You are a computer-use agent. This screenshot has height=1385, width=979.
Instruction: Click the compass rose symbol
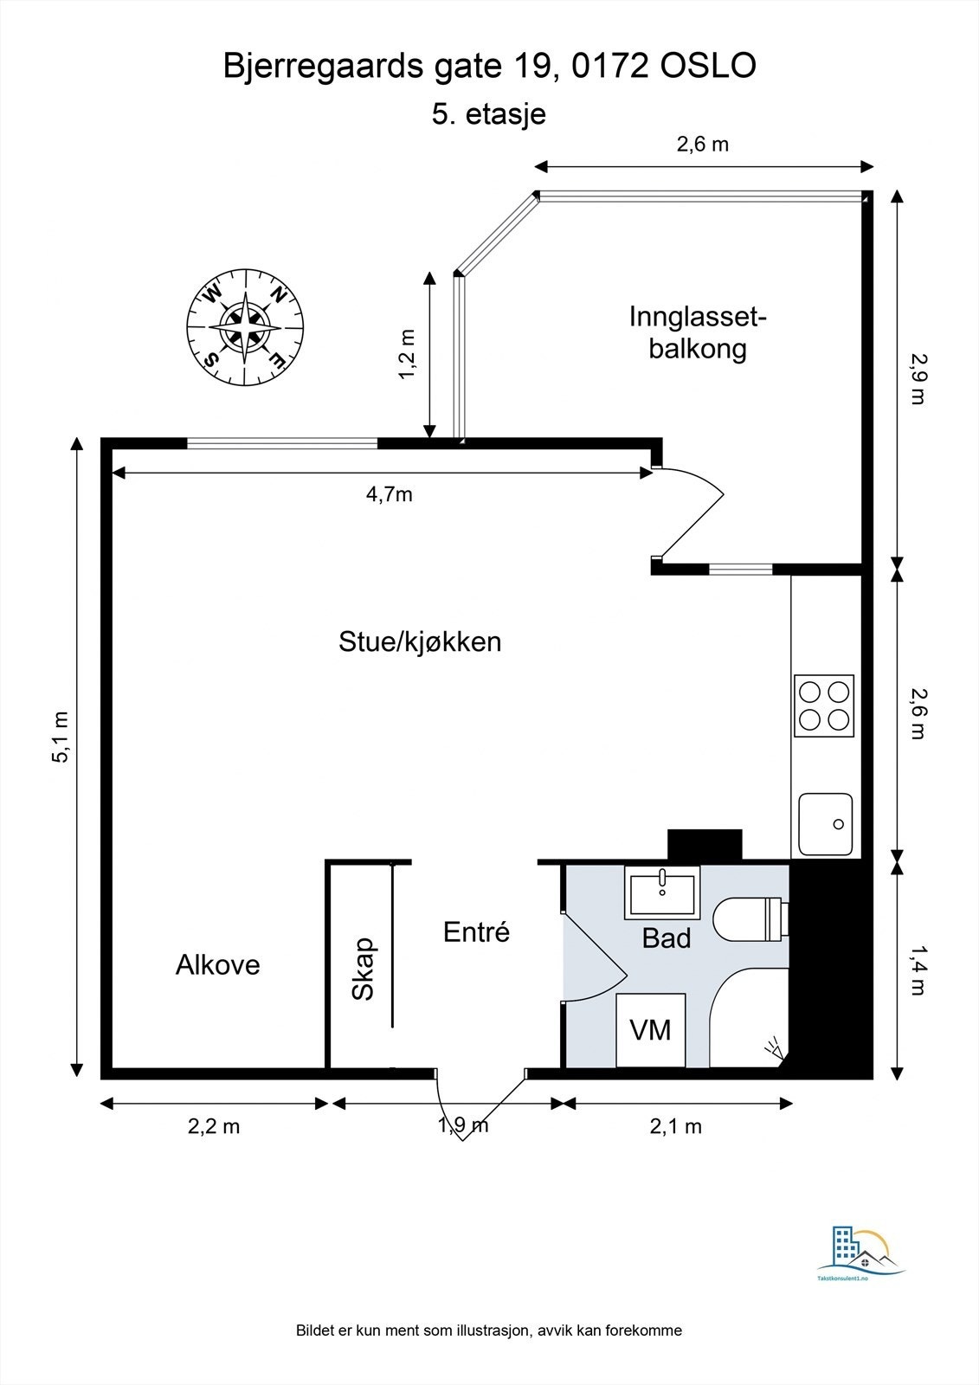tap(245, 328)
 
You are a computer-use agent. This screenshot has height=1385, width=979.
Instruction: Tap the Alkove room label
tap(217, 964)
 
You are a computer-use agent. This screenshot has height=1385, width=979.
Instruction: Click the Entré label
tap(476, 931)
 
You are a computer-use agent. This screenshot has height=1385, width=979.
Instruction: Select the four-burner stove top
tap(824, 705)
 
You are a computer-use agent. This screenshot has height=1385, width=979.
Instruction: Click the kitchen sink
tap(825, 824)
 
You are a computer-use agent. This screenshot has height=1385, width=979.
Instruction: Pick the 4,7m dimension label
tap(389, 494)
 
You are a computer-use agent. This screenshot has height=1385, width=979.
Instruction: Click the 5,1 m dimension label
tap(61, 737)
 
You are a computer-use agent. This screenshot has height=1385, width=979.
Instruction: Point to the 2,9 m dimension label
tap(918, 378)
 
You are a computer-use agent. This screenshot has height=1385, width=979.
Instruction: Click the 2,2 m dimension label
tap(214, 1126)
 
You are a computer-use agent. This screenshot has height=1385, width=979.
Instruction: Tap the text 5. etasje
tap(488, 114)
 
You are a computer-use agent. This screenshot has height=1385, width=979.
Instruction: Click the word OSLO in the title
tap(708, 66)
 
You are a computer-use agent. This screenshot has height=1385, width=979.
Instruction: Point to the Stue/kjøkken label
tap(420, 642)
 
